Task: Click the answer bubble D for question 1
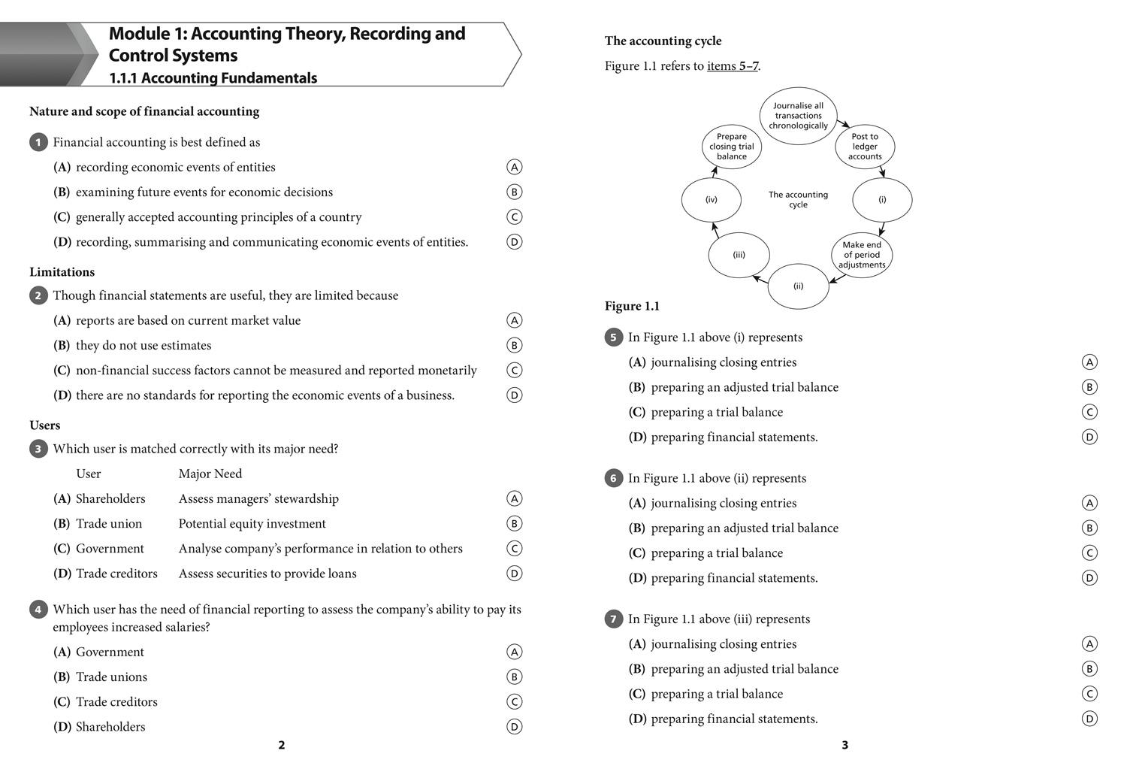514,242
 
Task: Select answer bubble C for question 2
514,370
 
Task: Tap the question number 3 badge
38,449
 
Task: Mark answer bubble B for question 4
514,677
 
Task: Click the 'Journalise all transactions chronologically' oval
798,116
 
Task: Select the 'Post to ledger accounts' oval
865,147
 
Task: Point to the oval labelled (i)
882,200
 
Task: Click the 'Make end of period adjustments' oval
861,255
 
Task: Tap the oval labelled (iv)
711,200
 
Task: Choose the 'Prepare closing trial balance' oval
731,147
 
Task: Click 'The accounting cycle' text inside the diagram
798,199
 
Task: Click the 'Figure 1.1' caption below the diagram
632,306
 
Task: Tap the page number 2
282,745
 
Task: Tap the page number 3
844,745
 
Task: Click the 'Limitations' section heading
62,272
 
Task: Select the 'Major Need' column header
210,474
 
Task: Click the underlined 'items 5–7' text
733,66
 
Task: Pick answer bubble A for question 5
1089,362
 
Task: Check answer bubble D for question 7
1089,719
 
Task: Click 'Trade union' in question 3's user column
109,523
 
